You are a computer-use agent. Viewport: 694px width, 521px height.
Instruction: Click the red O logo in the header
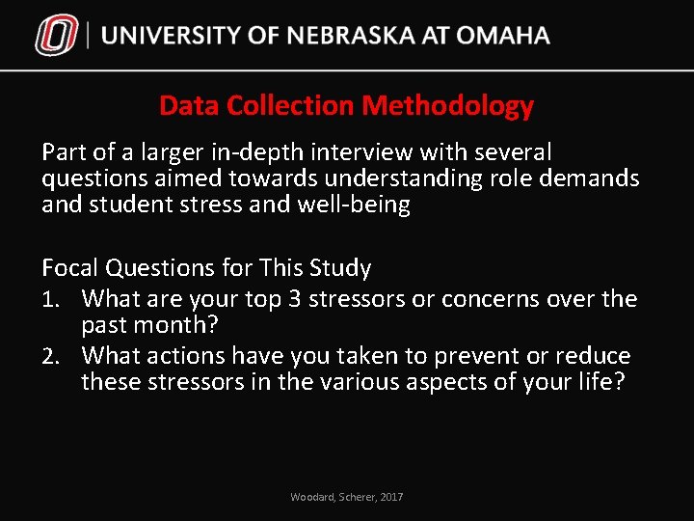tap(56, 37)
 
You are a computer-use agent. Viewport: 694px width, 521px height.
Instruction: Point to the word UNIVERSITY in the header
tap(171, 37)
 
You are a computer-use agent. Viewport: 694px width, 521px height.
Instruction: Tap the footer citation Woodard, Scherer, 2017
tap(347, 497)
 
